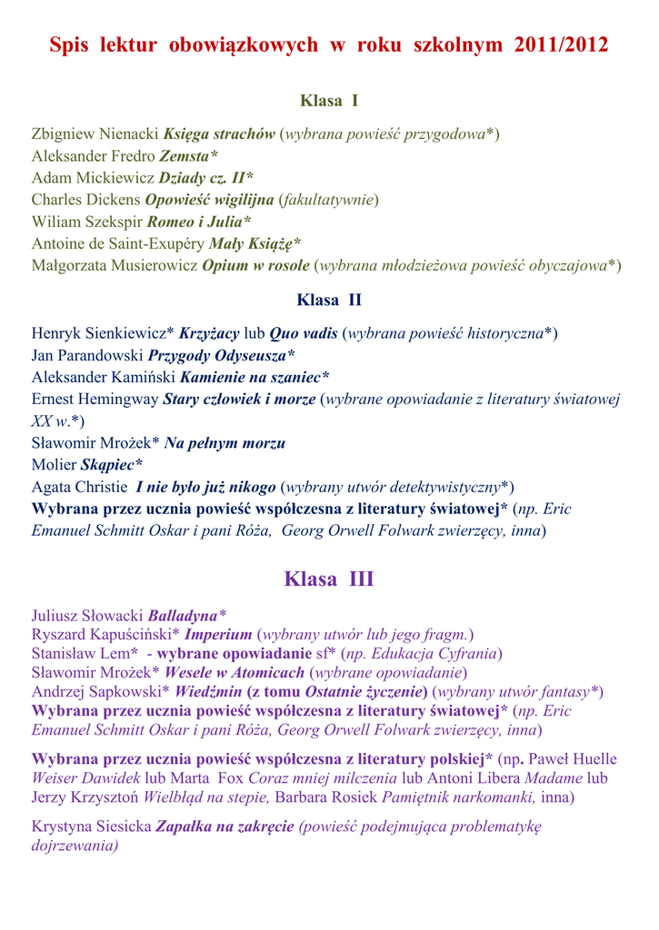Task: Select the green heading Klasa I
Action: point(329,101)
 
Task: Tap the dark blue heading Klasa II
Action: point(329,300)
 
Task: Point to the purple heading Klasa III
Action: point(329,579)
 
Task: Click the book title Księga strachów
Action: point(219,134)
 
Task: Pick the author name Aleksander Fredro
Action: point(94,156)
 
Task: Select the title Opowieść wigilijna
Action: point(209,200)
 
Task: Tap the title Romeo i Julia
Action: point(205,221)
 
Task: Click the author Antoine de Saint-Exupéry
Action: point(118,242)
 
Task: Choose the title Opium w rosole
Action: point(255,265)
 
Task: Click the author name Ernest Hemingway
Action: point(95,399)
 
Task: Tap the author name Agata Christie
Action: point(77,487)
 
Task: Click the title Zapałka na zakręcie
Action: point(225,826)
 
